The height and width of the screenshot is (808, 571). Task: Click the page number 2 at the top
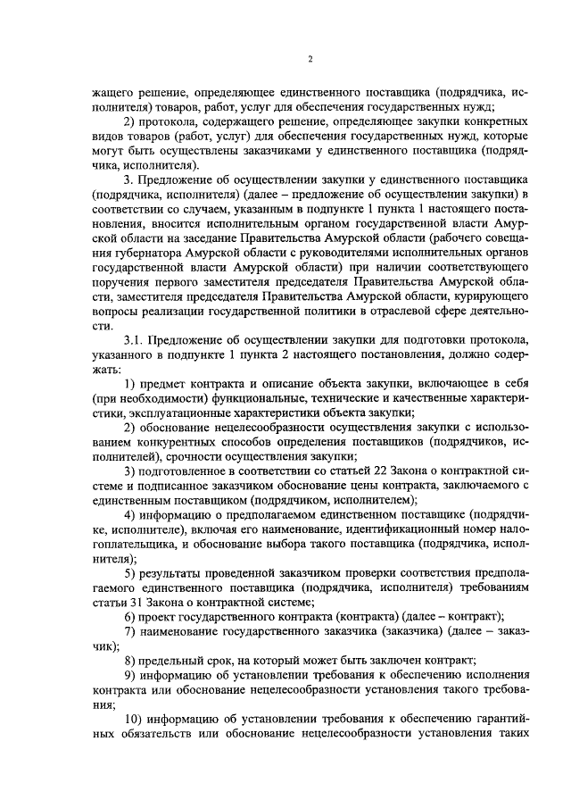coord(309,59)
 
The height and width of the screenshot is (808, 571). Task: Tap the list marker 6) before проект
coord(130,618)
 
